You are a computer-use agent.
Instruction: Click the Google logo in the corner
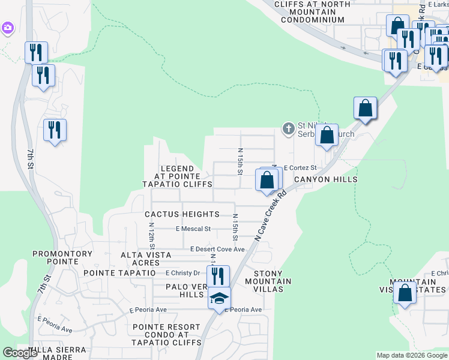20,353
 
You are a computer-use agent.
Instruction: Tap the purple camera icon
7,28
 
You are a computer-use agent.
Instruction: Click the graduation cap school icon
219,298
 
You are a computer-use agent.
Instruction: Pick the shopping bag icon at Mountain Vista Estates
405,293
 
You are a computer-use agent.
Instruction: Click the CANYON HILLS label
325,179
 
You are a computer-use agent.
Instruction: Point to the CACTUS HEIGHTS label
182,214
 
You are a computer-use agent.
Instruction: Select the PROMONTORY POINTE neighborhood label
62,258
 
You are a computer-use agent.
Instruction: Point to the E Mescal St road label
193,229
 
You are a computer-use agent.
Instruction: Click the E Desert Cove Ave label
217,249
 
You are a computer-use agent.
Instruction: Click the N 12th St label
152,234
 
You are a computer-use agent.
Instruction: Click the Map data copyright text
412,355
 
